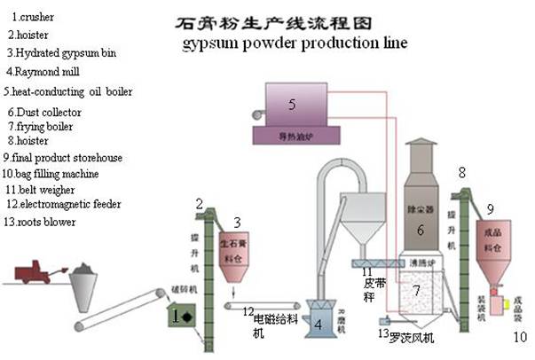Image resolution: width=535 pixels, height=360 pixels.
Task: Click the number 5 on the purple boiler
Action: pyautogui.click(x=291, y=105)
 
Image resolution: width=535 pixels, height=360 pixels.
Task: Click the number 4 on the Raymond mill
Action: pyautogui.click(x=318, y=325)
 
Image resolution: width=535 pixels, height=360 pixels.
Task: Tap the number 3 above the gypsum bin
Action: pyautogui.click(x=236, y=221)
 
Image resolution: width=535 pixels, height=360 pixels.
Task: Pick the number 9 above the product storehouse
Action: pyautogui.click(x=490, y=209)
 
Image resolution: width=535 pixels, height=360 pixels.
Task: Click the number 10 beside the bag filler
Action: pyautogui.click(x=518, y=336)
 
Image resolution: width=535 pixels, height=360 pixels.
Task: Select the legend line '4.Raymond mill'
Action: pyautogui.click(x=43, y=71)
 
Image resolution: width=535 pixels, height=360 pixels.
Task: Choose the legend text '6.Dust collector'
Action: pyautogui.click(x=45, y=113)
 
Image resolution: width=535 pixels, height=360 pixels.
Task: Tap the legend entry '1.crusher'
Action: pyautogui.click(x=36, y=17)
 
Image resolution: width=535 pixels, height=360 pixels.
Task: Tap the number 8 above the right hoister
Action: pyautogui.click(x=460, y=171)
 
